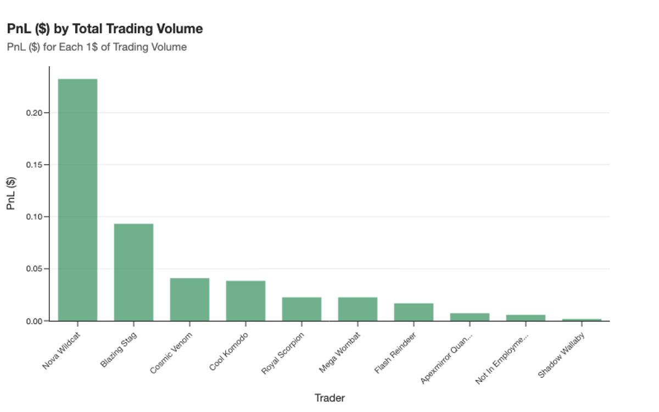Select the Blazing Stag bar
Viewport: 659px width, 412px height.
[133, 272]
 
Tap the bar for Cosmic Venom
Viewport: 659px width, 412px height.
[189, 299]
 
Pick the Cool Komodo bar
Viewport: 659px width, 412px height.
[245, 300]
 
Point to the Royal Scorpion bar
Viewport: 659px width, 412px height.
[301, 309]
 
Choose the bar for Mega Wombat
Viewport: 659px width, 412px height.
[358, 309]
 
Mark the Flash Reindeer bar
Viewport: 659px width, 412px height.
[414, 312]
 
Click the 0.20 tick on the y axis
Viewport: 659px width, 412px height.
[33, 113]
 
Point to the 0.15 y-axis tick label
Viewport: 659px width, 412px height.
[33, 165]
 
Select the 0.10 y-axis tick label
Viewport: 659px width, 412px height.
[33, 217]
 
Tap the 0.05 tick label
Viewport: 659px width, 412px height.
[33, 269]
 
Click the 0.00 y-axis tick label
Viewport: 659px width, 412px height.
[33, 321]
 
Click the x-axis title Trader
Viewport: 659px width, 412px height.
[329, 398]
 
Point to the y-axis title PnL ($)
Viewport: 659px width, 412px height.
[12, 193]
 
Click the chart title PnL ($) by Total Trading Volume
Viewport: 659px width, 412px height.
[105, 29]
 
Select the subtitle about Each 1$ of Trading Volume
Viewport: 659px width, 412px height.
[97, 47]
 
